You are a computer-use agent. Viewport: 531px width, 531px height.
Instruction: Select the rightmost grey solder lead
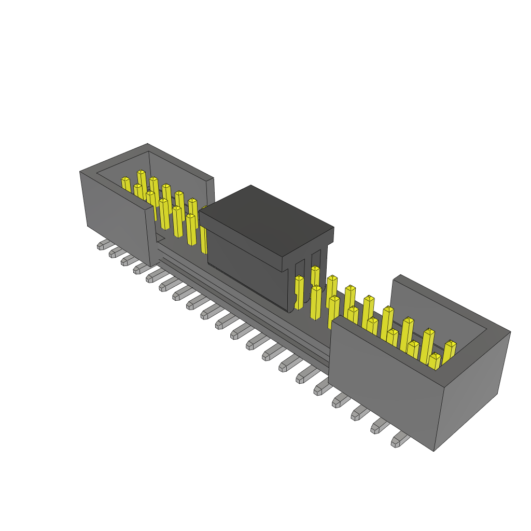click(x=399, y=440)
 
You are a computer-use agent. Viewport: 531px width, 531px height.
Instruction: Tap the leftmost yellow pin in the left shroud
click(x=125, y=184)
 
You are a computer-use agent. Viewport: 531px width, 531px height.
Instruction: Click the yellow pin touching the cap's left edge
click(x=203, y=228)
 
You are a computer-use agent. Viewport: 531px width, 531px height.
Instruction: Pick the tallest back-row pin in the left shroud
click(x=141, y=179)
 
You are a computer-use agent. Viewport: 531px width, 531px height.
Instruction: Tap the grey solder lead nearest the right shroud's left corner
click(x=322, y=386)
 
